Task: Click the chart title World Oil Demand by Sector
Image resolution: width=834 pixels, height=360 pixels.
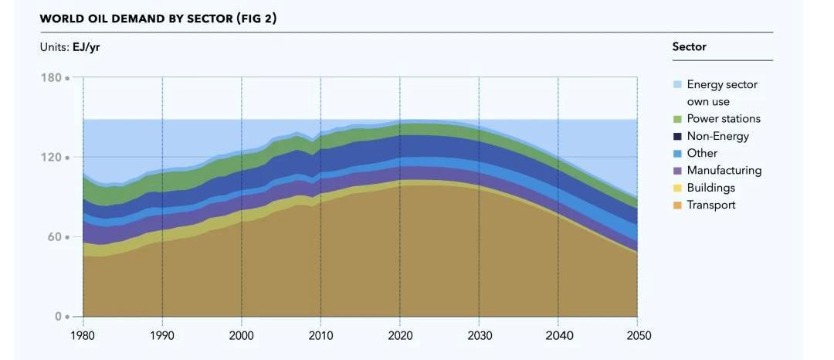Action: pyautogui.click(x=158, y=19)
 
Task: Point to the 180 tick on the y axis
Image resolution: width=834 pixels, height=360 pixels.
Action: pyautogui.click(x=51, y=78)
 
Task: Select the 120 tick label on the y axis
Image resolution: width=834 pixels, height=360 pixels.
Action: pyautogui.click(x=51, y=158)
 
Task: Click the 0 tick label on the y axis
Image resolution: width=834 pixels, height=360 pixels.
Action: pyautogui.click(x=58, y=317)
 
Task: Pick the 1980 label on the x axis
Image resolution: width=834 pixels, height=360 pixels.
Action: pyautogui.click(x=83, y=336)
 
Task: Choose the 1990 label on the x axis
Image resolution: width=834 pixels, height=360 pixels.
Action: pyautogui.click(x=162, y=336)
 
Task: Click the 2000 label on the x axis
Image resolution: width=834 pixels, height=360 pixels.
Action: pyautogui.click(x=242, y=336)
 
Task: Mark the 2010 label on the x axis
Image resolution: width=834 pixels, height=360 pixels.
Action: pyautogui.click(x=320, y=336)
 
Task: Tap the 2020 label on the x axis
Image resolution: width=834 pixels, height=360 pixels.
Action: pyautogui.click(x=400, y=336)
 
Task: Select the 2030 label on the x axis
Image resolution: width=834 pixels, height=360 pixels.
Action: pyautogui.click(x=479, y=336)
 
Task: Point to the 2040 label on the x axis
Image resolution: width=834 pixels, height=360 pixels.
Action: pyautogui.click(x=558, y=336)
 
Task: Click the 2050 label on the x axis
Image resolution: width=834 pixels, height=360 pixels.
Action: pyautogui.click(x=637, y=336)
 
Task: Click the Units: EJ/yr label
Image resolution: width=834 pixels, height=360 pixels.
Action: pyautogui.click(x=69, y=47)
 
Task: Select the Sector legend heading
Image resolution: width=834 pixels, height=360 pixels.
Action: pyautogui.click(x=689, y=47)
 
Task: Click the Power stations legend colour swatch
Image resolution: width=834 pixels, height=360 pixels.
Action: pyautogui.click(x=677, y=119)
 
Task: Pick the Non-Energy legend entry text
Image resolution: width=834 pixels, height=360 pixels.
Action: pyautogui.click(x=717, y=136)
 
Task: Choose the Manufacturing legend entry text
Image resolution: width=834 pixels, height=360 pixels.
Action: pyautogui.click(x=724, y=171)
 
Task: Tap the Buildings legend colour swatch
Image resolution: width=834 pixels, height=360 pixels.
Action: pyautogui.click(x=677, y=188)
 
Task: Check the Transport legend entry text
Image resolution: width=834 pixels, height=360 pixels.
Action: pyautogui.click(x=710, y=205)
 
